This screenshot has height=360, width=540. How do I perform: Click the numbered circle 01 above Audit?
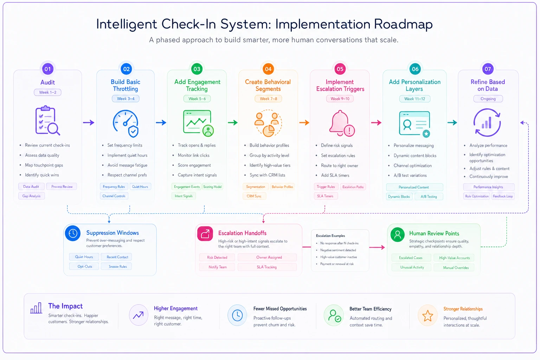tap(48, 69)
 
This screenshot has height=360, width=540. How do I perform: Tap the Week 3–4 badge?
tap(126, 99)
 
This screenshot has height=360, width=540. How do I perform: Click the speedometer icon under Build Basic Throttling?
tap(126, 123)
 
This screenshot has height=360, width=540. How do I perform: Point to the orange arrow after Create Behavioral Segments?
tap(304, 122)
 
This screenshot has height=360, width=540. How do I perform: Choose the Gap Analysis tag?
tap(32, 196)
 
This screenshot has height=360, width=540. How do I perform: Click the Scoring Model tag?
tap(212, 187)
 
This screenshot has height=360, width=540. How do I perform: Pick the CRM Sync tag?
tap(254, 196)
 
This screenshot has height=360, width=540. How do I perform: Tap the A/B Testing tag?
tap(429, 197)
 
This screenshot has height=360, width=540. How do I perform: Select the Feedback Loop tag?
tap(503, 196)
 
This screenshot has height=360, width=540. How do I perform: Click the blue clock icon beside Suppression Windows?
tap(73, 233)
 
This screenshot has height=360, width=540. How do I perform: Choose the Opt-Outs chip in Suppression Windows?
tap(85, 266)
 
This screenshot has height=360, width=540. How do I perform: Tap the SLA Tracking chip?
tap(267, 267)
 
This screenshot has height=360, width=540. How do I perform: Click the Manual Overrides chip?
tap(456, 268)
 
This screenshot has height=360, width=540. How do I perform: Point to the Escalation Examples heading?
tap(330, 236)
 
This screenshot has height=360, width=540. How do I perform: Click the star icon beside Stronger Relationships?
tap(427, 316)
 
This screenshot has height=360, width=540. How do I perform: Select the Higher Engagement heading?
tap(176, 308)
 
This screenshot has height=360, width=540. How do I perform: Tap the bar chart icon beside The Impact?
tap(36, 308)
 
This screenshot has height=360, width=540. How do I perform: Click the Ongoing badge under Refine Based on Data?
tap(488, 99)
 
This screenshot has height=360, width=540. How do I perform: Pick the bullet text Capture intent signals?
tap(197, 175)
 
